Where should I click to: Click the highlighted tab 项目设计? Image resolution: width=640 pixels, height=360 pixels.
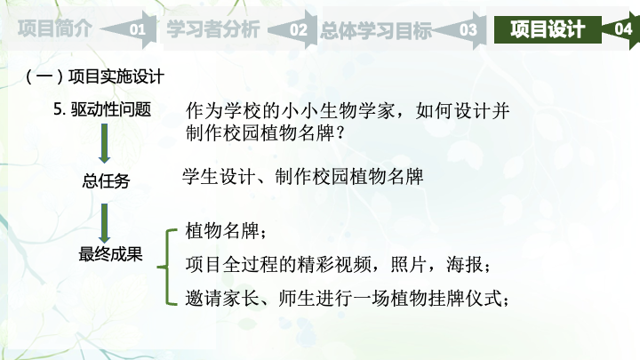click(548, 29)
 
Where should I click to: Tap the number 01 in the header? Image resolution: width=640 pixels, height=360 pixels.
click(138, 30)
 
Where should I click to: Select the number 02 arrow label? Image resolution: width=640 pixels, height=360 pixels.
click(299, 30)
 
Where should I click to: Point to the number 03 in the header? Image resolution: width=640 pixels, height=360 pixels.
click(468, 30)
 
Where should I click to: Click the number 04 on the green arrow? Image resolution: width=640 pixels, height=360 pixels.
click(623, 29)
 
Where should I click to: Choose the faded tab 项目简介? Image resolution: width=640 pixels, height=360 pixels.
click(55, 28)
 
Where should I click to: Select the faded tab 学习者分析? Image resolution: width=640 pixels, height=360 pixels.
click(213, 29)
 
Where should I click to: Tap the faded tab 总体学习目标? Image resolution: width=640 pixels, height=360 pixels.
click(376, 30)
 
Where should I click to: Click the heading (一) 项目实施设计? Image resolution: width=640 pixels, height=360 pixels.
click(95, 76)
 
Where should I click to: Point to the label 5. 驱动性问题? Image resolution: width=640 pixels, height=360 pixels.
click(102, 109)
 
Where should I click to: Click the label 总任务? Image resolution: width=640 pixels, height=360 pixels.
click(106, 180)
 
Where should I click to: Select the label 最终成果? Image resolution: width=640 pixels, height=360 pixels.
click(110, 254)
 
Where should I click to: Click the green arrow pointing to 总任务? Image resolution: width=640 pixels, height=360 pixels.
click(105, 144)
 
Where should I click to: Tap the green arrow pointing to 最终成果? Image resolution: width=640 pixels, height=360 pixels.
click(105, 223)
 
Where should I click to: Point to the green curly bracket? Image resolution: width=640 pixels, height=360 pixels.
click(168, 268)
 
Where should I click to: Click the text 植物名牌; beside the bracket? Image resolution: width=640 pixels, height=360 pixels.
click(226, 230)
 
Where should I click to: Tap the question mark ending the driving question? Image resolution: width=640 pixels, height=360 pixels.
click(340, 132)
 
